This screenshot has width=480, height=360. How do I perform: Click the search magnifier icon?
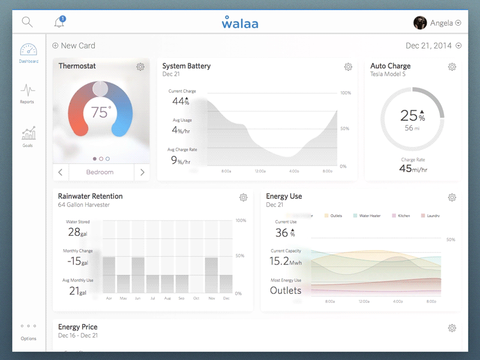tap(27, 22)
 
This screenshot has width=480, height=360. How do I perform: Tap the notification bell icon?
tap(59, 23)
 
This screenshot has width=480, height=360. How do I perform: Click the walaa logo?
tap(240, 23)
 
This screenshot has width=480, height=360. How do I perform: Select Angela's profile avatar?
tap(420, 23)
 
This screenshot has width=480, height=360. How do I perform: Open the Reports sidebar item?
tap(27, 94)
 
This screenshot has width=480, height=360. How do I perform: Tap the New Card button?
tap(74, 46)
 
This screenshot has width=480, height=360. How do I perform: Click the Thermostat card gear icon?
tap(140, 67)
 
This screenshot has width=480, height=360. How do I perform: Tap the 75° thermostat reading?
tap(101, 112)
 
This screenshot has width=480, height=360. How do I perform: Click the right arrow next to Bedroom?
tap(142, 172)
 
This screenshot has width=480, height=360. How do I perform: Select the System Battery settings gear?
tap(348, 67)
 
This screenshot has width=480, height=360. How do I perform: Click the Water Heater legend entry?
tap(367, 215)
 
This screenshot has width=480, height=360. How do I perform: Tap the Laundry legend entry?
tap(431, 215)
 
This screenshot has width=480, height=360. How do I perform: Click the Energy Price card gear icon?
tap(452, 328)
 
